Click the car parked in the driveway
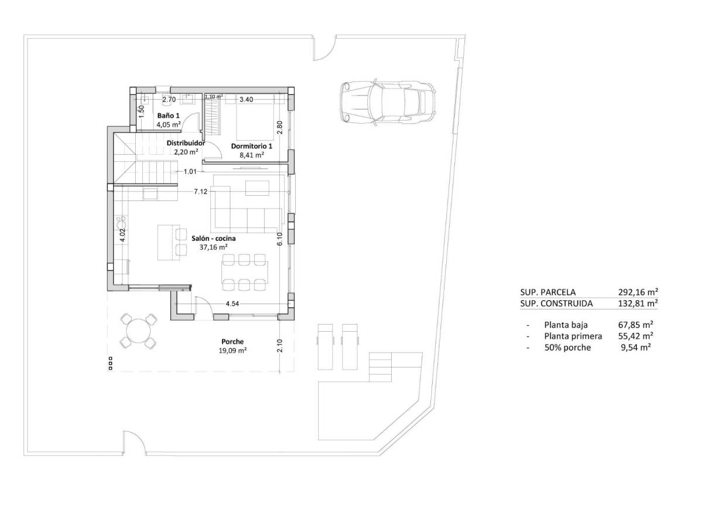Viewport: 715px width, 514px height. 388,101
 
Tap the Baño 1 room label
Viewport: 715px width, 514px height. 169,116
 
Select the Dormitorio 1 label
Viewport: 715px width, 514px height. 252,146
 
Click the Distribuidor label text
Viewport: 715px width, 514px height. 186,142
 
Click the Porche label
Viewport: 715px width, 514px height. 232,342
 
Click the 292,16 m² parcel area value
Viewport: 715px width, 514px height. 638,291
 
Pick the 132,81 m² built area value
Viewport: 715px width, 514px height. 638,304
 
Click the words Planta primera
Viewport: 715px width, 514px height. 573,336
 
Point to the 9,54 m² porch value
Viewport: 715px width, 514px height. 636,348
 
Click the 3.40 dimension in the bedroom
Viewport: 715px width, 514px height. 246,100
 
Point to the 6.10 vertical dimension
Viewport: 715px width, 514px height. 280,239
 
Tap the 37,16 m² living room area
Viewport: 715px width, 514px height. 213,247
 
